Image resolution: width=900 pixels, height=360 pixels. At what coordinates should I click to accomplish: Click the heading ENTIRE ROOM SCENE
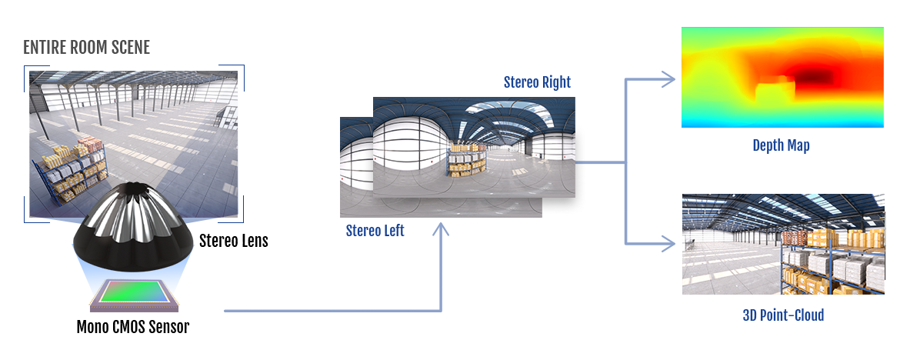click(x=86, y=48)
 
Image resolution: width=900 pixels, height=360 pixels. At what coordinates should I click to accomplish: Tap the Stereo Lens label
click(x=234, y=241)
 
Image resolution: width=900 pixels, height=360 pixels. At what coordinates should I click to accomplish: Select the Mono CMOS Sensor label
click(x=132, y=327)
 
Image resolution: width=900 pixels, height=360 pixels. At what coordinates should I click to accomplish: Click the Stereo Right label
click(x=537, y=82)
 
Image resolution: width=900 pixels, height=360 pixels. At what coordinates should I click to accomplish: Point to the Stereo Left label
click(x=375, y=231)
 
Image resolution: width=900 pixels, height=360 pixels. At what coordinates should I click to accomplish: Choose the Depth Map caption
click(x=782, y=146)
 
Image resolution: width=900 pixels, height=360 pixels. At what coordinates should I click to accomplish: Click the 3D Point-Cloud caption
click(x=783, y=315)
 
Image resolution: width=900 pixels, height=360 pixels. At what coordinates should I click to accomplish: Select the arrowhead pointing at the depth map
click(x=668, y=79)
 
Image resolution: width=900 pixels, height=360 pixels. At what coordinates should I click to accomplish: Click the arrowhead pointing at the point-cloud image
click(x=668, y=244)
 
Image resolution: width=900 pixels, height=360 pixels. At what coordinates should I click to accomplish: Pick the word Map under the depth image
click(x=797, y=146)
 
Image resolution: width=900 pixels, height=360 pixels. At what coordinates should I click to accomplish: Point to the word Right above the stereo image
click(x=555, y=82)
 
